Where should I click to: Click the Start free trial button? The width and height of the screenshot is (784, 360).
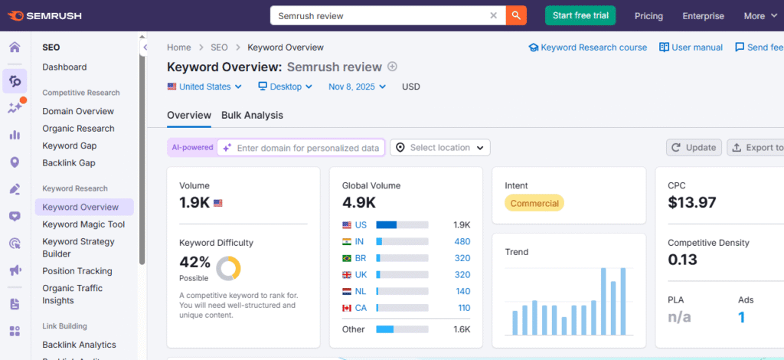point(580,15)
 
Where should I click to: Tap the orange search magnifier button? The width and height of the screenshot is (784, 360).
point(517,15)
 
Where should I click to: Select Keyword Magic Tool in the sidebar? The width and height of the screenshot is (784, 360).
point(83,224)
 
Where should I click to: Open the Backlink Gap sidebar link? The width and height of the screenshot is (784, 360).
point(69,163)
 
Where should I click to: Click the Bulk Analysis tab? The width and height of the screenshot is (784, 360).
point(252,115)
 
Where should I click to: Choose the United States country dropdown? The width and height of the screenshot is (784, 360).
point(204,87)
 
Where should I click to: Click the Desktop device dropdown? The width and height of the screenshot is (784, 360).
point(286,87)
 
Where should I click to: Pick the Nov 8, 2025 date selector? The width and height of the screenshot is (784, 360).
point(358,87)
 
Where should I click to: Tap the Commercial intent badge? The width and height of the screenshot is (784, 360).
point(534,203)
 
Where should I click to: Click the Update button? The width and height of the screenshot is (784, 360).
point(694,147)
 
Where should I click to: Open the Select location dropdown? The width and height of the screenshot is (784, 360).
point(440,147)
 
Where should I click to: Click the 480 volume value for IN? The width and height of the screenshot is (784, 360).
point(462,241)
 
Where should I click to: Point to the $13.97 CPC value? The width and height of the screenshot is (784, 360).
point(692,203)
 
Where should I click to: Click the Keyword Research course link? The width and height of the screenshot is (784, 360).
point(587,47)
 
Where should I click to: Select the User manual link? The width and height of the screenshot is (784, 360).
point(691,47)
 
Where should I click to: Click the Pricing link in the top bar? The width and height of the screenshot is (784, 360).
point(648,15)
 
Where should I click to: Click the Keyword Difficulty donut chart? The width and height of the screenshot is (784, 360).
point(228,268)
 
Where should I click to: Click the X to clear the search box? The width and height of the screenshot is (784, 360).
point(494,15)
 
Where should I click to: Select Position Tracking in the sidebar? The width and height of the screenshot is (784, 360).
point(77,271)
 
